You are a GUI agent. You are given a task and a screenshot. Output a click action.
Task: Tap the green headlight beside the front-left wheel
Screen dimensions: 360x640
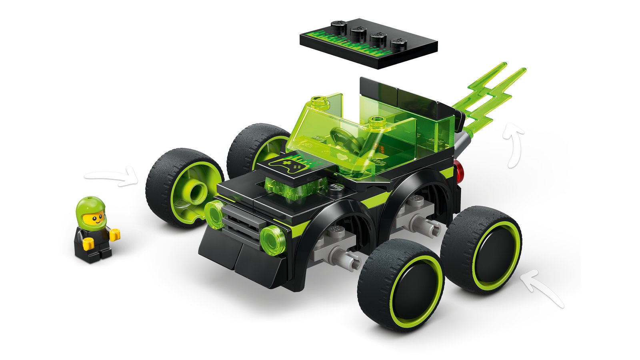point(214,215)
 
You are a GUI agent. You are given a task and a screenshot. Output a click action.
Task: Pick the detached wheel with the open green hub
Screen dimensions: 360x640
point(185,187)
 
